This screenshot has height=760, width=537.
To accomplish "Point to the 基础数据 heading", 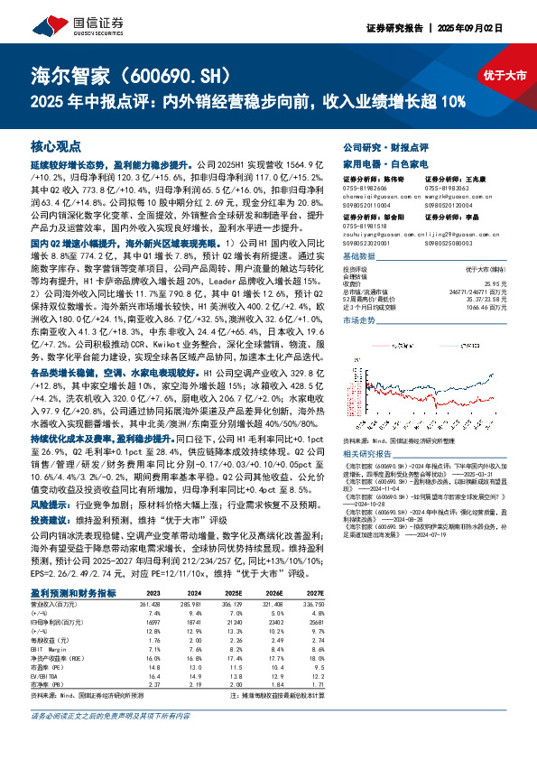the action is point(361,256).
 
